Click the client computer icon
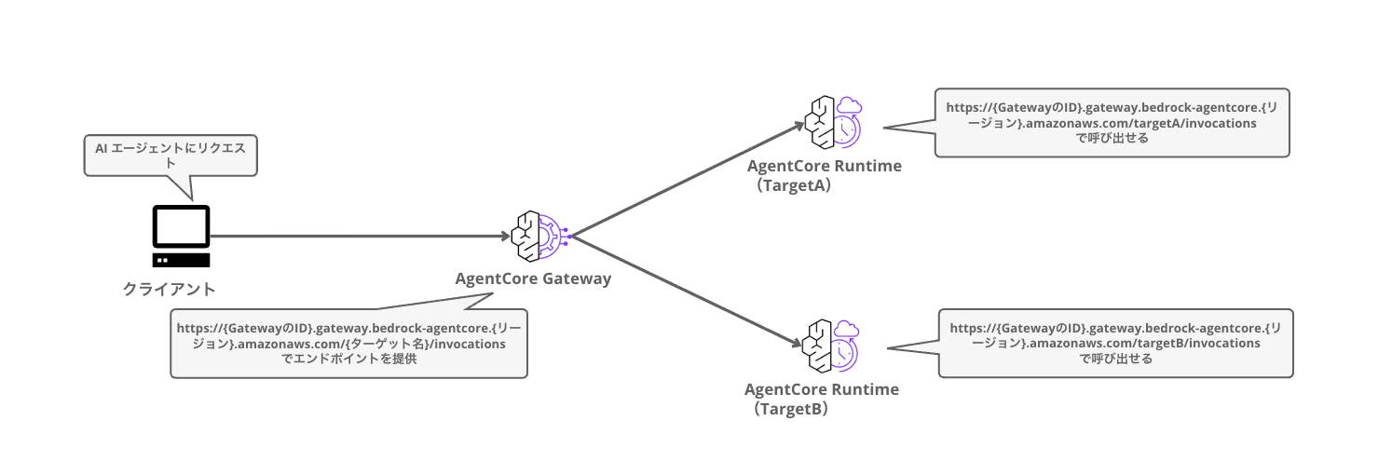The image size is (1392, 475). pos(181,236)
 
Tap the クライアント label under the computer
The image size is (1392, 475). pos(169,290)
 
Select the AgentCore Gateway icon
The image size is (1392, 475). pos(540,236)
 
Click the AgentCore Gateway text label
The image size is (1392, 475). pos(533,278)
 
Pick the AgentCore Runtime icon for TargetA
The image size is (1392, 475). pos(833,122)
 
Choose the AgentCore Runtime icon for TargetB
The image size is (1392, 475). pos(830,346)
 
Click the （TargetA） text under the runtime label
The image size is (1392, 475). pos(793,185)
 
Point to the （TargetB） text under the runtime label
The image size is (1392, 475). pos(790,409)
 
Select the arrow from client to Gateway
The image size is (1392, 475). pos(360,236)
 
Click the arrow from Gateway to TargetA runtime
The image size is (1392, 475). pos(688,180)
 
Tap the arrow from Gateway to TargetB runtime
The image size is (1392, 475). pos(687,291)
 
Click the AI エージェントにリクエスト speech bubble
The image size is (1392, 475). pos(171,156)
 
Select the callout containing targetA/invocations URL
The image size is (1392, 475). pos(1112,122)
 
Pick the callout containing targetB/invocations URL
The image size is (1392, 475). pos(1115,344)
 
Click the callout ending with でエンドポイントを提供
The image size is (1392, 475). pos(348,344)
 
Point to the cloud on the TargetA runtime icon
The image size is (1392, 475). pos(849,105)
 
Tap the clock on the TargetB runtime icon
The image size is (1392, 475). pos(841,355)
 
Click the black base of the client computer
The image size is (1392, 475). pos(181,260)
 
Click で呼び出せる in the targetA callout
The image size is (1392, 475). pos(1112,139)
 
